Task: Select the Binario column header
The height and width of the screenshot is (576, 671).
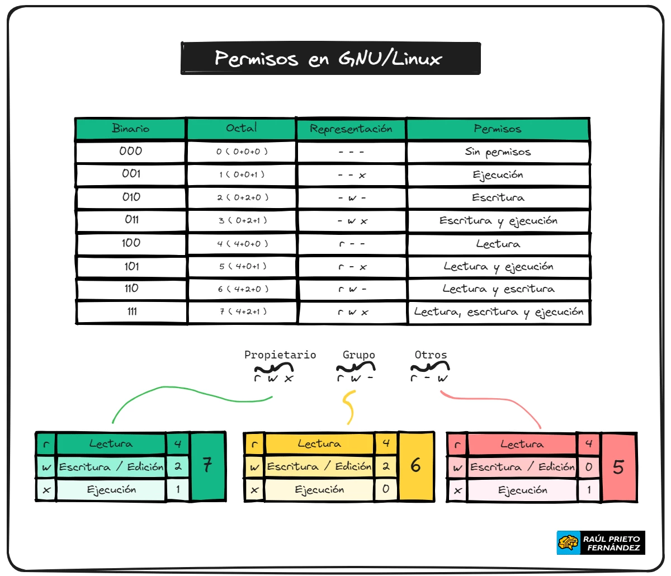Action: click(130, 129)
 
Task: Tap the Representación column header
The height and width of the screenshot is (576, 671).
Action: click(351, 129)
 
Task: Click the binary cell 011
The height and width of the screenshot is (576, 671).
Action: click(131, 220)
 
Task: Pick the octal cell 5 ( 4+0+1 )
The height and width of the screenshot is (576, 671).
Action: click(243, 266)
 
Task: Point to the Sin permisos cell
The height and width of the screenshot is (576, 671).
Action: click(498, 152)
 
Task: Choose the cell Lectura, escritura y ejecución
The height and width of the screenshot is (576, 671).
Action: click(498, 312)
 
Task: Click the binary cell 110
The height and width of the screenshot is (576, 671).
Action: click(131, 289)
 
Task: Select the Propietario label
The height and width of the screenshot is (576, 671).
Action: click(280, 355)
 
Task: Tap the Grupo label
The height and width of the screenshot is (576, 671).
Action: click(358, 355)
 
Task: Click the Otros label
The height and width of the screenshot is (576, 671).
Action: click(431, 355)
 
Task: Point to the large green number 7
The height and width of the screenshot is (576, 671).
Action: click(207, 465)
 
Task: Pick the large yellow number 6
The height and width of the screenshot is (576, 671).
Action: click(415, 465)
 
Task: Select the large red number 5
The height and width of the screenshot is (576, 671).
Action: click(618, 467)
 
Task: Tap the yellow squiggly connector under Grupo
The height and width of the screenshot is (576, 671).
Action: click(349, 407)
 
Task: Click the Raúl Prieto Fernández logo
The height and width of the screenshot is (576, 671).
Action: click(601, 543)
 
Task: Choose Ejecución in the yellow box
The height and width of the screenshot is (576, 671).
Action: click(319, 490)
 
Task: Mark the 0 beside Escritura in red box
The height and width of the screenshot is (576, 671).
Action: click(588, 467)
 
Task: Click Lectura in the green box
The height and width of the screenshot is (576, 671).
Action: click(111, 444)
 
